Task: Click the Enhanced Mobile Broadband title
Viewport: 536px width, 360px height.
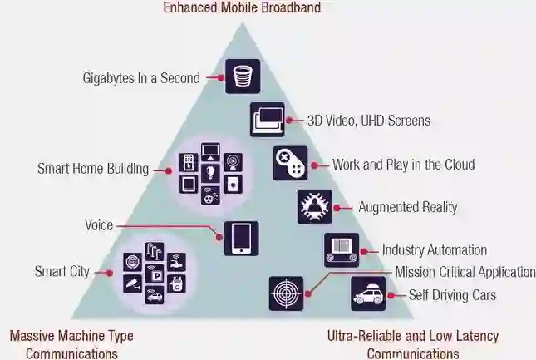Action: point(241,8)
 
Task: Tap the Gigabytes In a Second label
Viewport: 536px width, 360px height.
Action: point(141,78)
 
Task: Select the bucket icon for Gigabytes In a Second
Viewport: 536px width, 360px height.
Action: point(243,76)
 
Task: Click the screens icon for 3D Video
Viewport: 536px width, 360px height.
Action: point(268,120)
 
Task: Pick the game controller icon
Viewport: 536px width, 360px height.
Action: point(291,163)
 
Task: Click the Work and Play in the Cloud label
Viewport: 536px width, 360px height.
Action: point(403,165)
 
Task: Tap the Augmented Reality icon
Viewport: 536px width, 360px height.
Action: point(314,206)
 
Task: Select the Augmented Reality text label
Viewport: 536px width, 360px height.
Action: point(407,207)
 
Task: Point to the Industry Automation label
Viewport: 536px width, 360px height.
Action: point(434,250)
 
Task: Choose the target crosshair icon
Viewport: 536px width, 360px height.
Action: point(286,293)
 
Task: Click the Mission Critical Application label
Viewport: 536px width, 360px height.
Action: point(465,272)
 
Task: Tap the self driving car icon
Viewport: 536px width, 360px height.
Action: point(368,293)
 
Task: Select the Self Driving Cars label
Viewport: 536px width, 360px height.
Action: point(452,295)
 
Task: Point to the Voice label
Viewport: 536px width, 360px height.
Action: point(99,225)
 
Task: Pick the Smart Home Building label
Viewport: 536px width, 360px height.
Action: point(93,169)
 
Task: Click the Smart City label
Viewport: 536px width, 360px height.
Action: point(61,272)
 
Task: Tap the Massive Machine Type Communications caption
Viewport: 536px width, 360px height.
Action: point(71,344)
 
